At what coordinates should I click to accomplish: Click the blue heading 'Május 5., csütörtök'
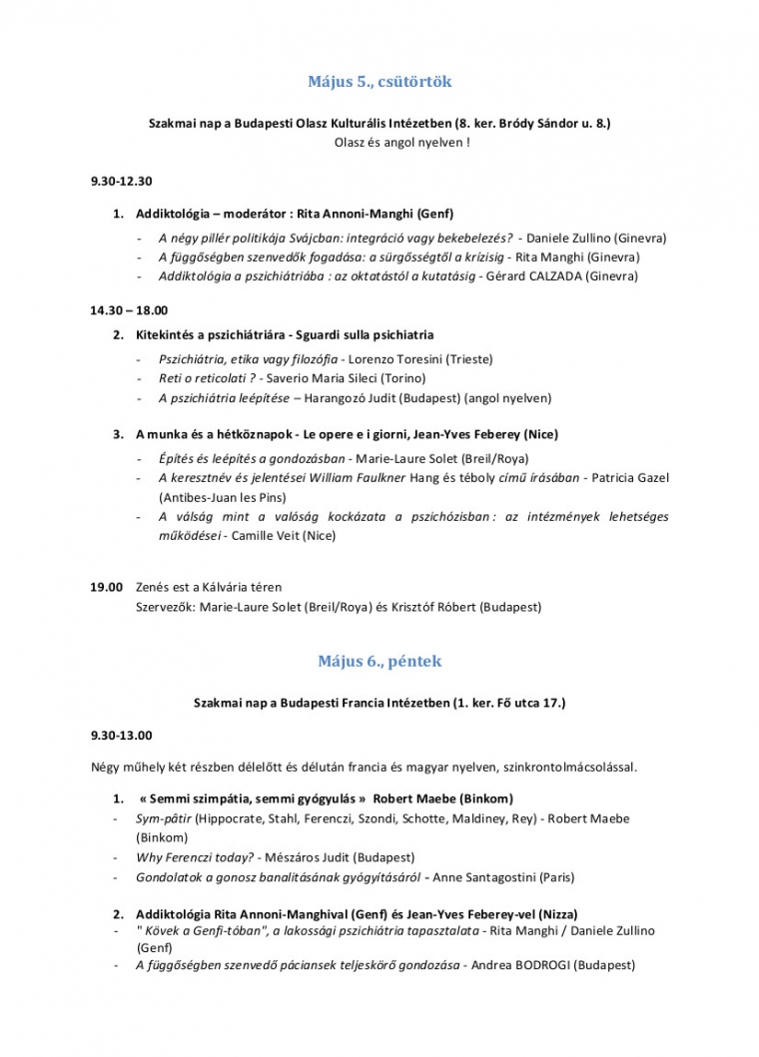(x=379, y=81)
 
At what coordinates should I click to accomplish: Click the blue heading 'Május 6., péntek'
(x=379, y=661)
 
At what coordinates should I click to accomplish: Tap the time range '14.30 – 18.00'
(x=128, y=310)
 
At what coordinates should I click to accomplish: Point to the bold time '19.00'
(x=106, y=587)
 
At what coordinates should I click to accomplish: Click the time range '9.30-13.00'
(x=121, y=736)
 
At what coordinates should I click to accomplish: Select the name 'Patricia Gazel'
(x=630, y=478)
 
